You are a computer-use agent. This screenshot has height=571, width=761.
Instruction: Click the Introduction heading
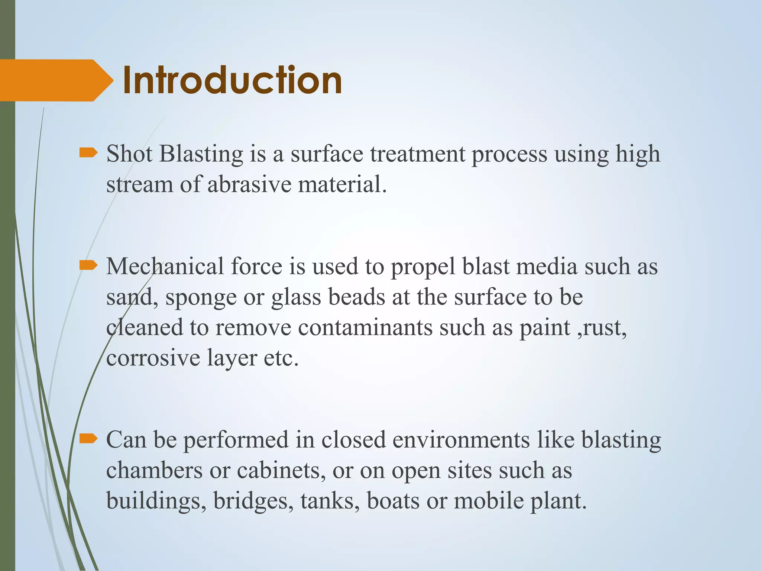pyautogui.click(x=232, y=80)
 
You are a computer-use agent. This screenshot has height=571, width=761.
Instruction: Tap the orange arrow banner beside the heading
pyautogui.click(x=52, y=80)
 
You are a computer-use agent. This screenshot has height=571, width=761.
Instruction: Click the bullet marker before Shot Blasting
pyautogui.click(x=88, y=153)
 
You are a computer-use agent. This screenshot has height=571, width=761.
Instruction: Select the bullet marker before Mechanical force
pyautogui.click(x=88, y=265)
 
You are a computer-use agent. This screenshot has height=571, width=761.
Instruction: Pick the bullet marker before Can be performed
pyautogui.click(x=88, y=439)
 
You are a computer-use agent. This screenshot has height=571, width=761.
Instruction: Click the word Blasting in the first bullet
pyautogui.click(x=201, y=154)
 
